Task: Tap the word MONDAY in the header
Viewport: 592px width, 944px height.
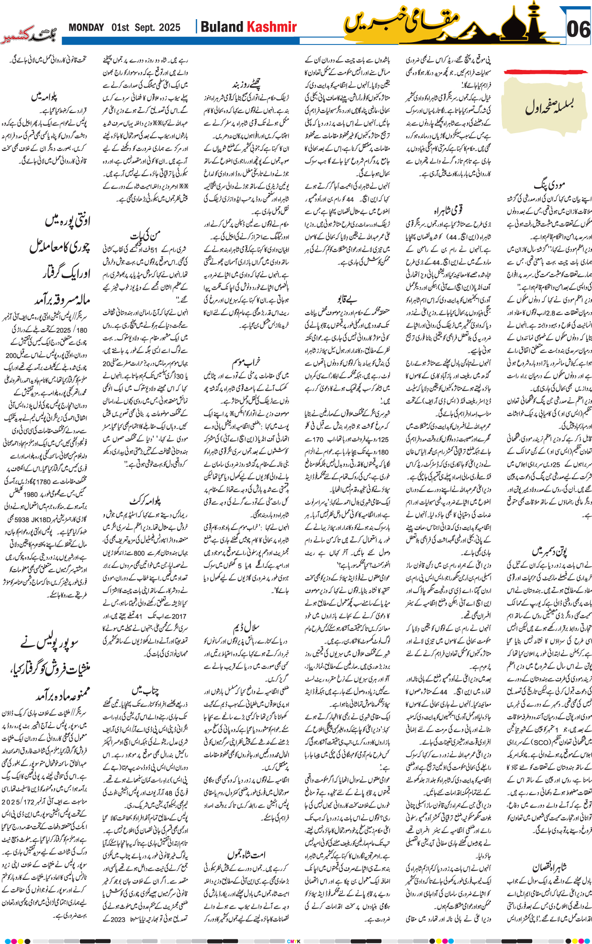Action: point(86,28)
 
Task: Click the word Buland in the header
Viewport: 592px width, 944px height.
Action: point(222,27)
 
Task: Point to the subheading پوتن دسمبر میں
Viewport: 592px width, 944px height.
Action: point(549,551)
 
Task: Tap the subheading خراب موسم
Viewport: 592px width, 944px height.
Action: point(246,362)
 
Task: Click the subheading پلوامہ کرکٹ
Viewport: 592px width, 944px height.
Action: point(145,501)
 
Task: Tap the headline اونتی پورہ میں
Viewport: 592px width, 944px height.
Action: point(67,220)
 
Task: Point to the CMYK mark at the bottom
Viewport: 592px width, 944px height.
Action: point(293,941)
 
